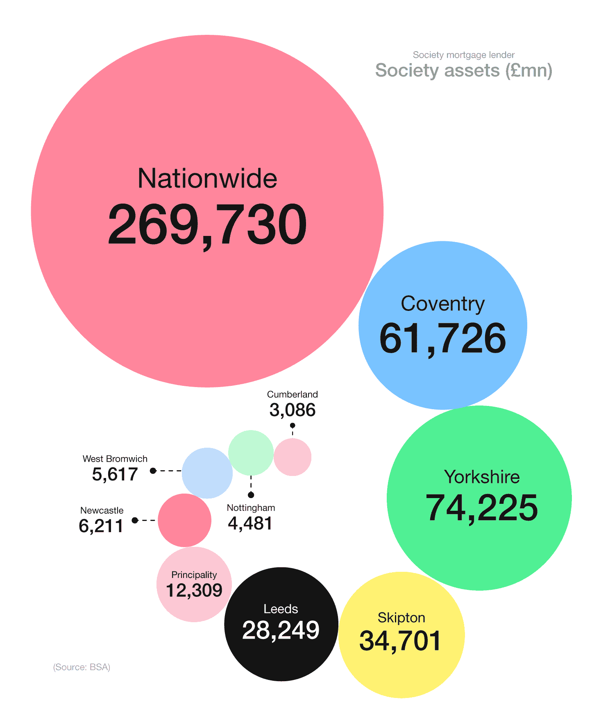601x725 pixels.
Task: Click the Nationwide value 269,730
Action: click(x=207, y=225)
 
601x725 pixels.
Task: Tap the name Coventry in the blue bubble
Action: click(x=442, y=304)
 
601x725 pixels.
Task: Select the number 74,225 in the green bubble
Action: click(x=482, y=508)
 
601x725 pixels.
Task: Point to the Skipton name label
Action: click(x=401, y=618)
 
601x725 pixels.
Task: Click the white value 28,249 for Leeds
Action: click(x=281, y=630)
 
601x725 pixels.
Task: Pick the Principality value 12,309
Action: click(x=194, y=590)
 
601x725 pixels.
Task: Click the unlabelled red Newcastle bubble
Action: click(x=185, y=520)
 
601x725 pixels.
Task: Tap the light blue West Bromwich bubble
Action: click(x=207, y=473)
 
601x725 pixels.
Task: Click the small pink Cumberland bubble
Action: click(x=293, y=457)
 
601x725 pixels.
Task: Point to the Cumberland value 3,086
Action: click(x=293, y=410)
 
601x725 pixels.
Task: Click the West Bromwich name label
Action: click(x=115, y=459)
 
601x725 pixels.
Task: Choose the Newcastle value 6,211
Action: click(x=101, y=526)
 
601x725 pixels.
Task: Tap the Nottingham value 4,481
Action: click(x=250, y=523)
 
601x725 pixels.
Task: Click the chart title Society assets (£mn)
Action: click(x=464, y=70)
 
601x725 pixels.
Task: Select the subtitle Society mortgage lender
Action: click(x=464, y=55)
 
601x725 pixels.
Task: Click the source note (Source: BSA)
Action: click(x=82, y=667)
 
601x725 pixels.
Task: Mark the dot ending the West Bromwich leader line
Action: click(x=153, y=471)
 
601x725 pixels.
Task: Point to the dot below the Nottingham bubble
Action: click(x=251, y=495)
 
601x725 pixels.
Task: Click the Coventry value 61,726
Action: click(x=443, y=338)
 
